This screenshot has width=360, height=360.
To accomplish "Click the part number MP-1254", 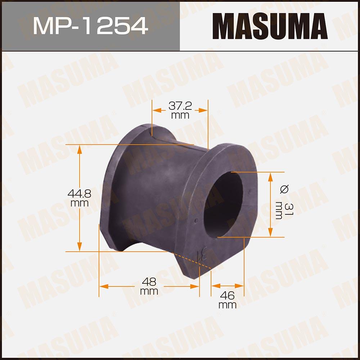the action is [90, 26].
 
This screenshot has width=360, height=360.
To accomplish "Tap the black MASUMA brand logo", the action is [270, 26].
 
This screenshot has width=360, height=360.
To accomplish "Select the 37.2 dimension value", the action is [180, 106].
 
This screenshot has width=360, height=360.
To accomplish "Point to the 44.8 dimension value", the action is [79, 194].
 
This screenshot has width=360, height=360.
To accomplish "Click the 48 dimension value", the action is [149, 282].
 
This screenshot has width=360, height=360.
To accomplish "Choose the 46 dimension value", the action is [227, 296].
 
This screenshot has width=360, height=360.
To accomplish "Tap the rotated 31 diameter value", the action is [289, 209].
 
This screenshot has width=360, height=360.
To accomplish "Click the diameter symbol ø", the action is [285, 189].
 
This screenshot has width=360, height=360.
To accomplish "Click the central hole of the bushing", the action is [223, 204].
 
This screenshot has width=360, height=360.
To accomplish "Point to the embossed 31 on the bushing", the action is [203, 254].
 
